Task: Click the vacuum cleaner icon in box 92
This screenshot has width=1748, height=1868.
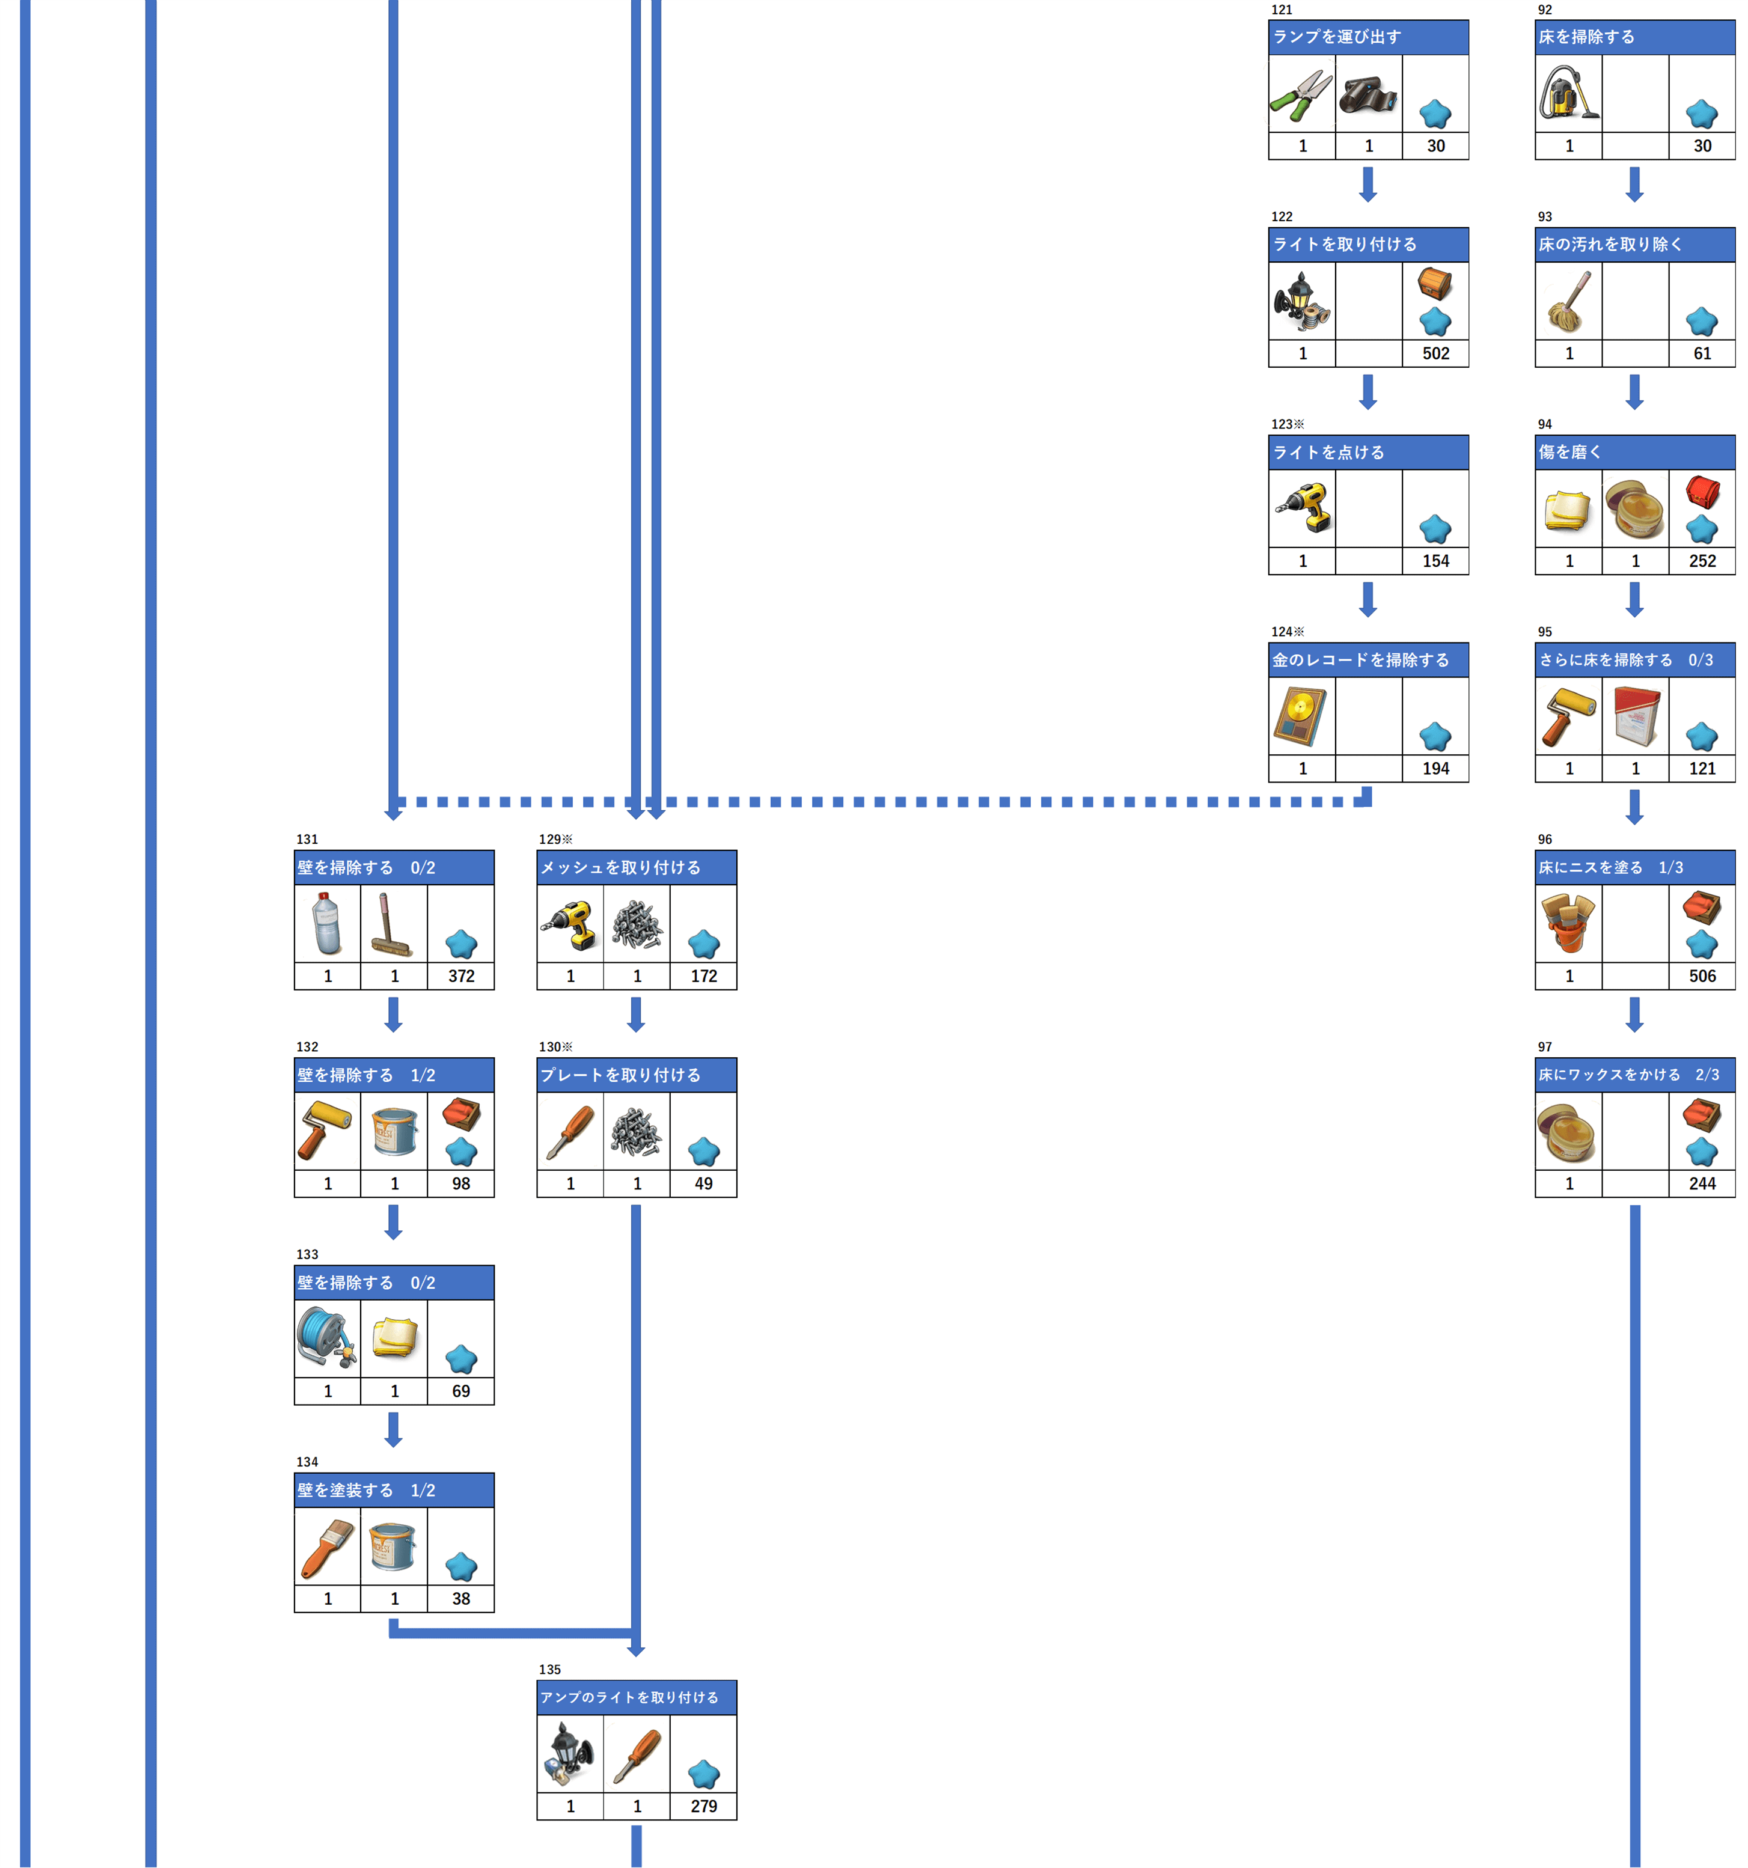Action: tap(1568, 93)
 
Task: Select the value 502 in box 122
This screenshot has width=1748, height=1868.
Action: tap(1435, 353)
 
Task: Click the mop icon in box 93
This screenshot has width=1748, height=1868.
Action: tap(1568, 302)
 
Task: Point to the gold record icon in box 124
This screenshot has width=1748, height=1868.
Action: tap(1301, 716)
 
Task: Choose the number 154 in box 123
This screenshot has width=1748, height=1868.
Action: tap(1435, 561)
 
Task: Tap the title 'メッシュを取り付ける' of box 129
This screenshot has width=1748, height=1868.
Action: tap(620, 867)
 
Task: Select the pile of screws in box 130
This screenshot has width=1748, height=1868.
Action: tap(636, 1131)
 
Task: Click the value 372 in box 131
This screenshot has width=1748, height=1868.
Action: tap(460, 976)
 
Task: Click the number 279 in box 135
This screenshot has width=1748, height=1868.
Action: tap(703, 1806)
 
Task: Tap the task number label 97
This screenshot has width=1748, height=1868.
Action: tap(1544, 1047)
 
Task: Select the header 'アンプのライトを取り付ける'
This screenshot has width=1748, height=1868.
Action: tap(629, 1697)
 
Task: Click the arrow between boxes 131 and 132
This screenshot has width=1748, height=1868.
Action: tap(393, 1014)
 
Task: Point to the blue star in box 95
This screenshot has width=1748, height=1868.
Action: tap(1701, 737)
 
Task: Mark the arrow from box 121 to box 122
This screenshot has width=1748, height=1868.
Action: tap(1368, 184)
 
